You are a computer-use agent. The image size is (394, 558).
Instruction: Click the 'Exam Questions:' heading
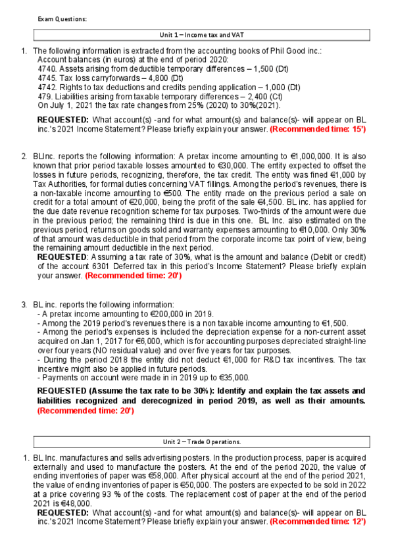[x=62, y=18]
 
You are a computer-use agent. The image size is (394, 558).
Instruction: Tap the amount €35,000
[x=232, y=378]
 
